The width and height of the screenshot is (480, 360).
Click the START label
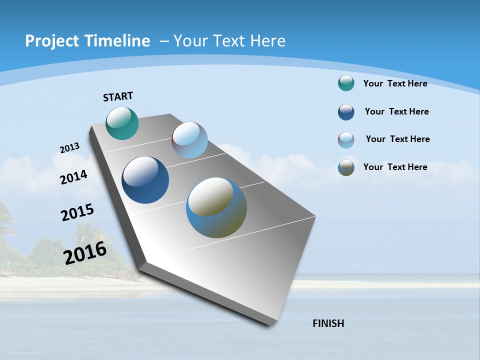pyautogui.click(x=118, y=96)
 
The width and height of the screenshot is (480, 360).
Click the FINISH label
pyautogui.click(x=328, y=323)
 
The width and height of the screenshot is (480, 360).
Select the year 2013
pyautogui.click(x=69, y=148)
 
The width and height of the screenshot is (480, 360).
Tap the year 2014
pyautogui.click(x=73, y=177)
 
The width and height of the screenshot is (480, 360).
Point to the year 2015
pyautogui.click(x=77, y=212)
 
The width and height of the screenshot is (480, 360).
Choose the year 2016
pyautogui.click(x=85, y=253)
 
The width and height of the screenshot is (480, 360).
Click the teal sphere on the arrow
pyautogui.click(x=122, y=123)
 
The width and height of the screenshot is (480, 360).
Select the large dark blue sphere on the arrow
pyautogui.click(x=145, y=180)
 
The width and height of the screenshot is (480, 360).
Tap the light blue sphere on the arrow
pyautogui.click(x=189, y=140)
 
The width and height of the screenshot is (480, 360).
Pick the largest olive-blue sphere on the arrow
pyautogui.click(x=216, y=207)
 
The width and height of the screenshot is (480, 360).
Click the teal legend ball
pyautogui.click(x=346, y=83)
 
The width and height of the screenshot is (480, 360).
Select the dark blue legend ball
pyautogui.click(x=346, y=112)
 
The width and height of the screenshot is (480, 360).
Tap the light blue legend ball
pyautogui.click(x=346, y=140)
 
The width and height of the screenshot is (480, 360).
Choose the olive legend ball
pyautogui.click(x=346, y=167)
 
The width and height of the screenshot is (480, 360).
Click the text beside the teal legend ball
pyautogui.click(x=395, y=83)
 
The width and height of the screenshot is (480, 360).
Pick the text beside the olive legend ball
pyautogui.click(x=395, y=167)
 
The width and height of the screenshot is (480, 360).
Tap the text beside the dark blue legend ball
pyautogui.click(x=396, y=111)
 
